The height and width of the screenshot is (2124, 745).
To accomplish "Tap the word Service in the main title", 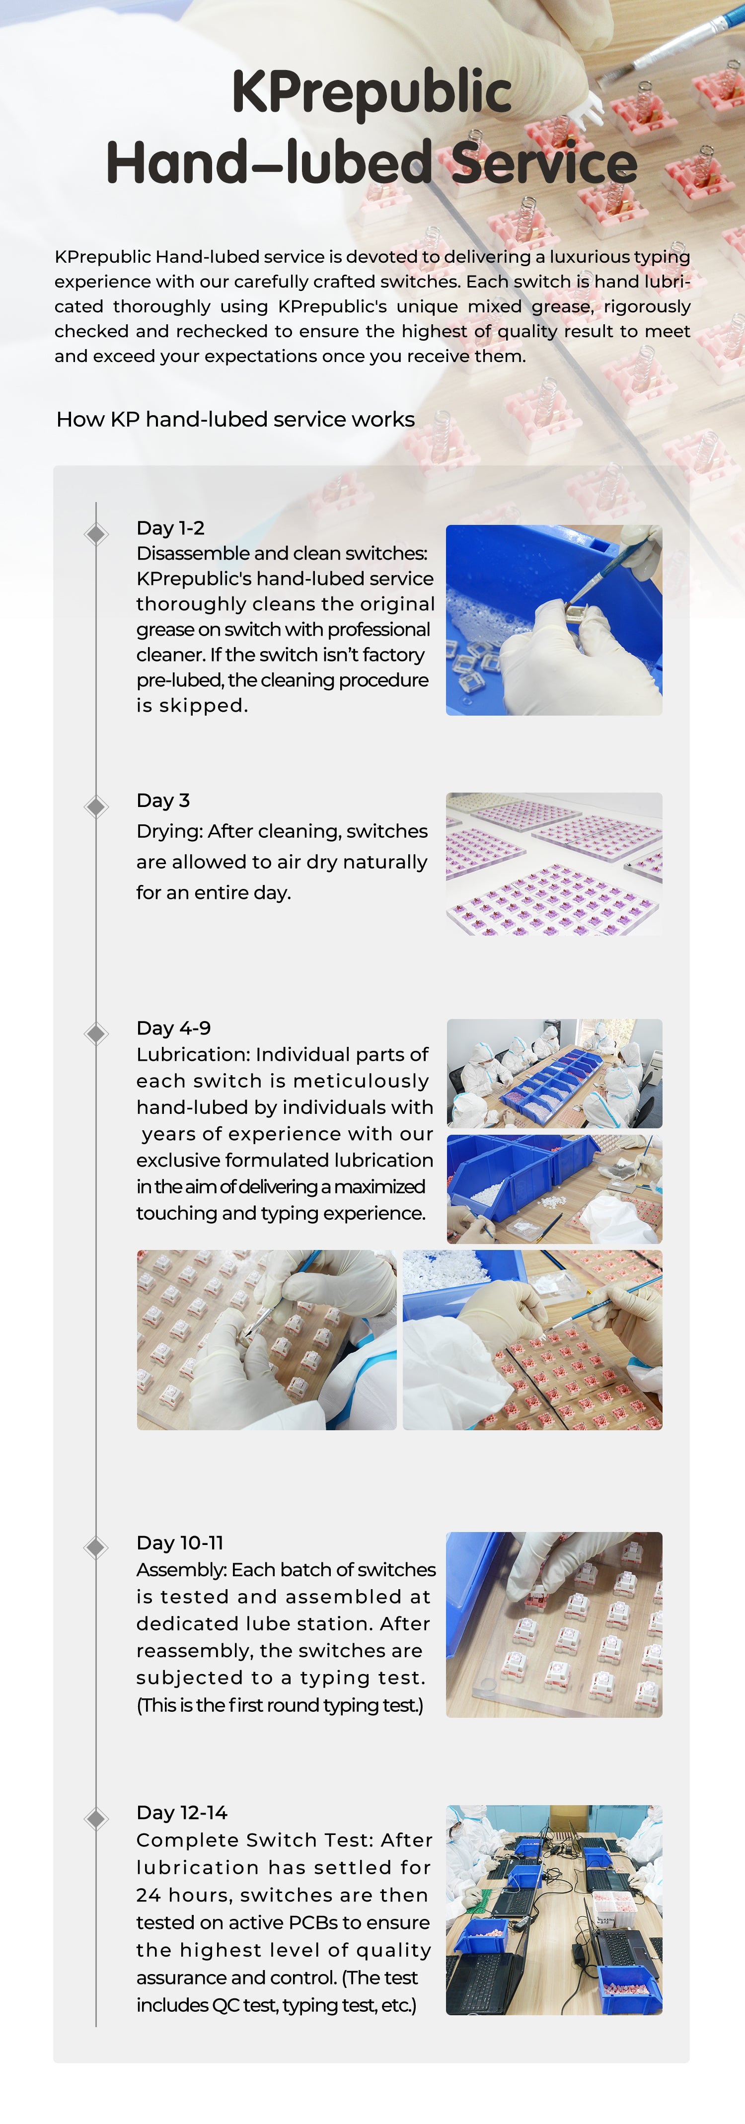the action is [544, 162].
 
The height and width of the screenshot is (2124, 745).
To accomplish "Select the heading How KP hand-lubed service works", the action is [235, 420].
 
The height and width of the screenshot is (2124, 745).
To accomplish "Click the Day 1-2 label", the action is [170, 528].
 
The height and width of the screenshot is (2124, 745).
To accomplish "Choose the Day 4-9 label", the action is [173, 1028].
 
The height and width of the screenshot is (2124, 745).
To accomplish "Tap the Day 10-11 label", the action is [180, 1542].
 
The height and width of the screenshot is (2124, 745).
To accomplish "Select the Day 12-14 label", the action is [181, 1812].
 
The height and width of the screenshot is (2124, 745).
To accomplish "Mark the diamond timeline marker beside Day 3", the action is [96, 806].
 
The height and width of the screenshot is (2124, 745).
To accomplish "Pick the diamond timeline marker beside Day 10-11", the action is [96, 1547].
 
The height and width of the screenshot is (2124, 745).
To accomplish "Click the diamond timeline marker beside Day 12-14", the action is [96, 1818].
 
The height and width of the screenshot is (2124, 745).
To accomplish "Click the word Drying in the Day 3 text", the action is [169, 832].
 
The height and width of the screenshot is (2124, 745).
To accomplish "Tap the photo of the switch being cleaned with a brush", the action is [554, 620].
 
